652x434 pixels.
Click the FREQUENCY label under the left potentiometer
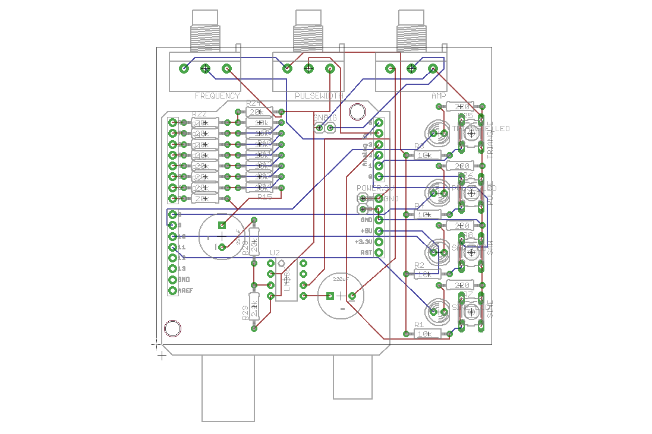click(x=218, y=96)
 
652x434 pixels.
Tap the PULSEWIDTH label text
click(x=319, y=96)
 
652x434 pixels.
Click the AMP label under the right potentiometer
click(x=439, y=96)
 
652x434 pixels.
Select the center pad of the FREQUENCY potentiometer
click(x=206, y=69)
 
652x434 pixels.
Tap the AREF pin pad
click(x=173, y=290)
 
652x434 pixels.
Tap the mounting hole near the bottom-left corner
click(x=172, y=328)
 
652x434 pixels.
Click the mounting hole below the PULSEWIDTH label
click(x=357, y=112)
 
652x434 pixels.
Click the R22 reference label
click(x=200, y=115)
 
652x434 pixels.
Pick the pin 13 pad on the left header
click(x=173, y=268)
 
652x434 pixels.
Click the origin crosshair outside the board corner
click(x=161, y=355)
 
